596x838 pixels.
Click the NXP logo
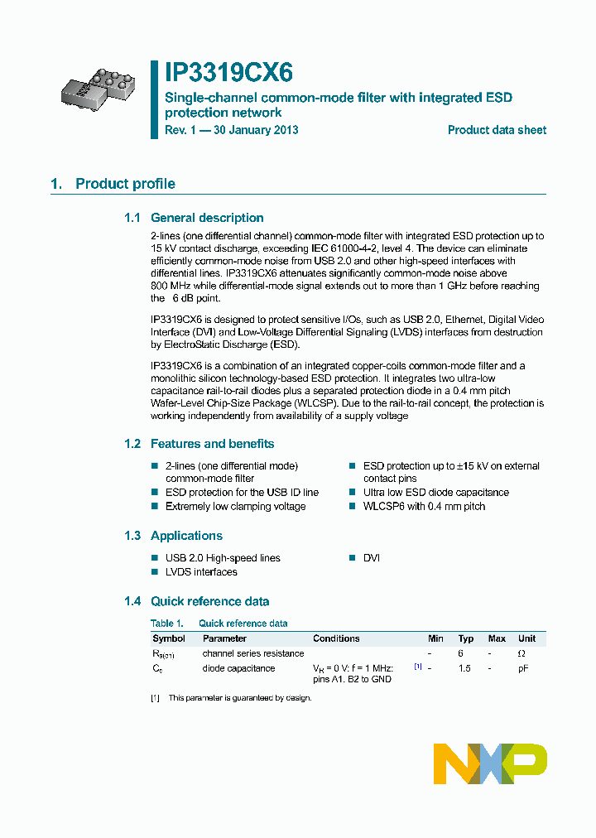click(490, 763)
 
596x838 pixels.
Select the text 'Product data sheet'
click(497, 130)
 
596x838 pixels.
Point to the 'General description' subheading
click(207, 218)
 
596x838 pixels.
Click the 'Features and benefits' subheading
click(212, 444)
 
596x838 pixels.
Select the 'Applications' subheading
click(186, 536)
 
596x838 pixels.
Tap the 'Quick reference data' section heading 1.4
click(209, 601)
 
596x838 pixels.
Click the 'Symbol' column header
click(169, 638)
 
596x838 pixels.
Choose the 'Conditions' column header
click(336, 638)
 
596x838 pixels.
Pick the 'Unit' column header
click(526, 638)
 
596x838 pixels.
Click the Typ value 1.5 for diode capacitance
click(465, 668)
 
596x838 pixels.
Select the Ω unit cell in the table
click(521, 653)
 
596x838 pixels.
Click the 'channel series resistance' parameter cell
click(252, 653)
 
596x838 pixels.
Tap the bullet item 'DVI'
click(372, 558)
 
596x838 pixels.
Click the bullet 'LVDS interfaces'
click(201, 572)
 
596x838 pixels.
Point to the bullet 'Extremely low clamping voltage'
click(235, 506)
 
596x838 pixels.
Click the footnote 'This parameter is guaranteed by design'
click(239, 698)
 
